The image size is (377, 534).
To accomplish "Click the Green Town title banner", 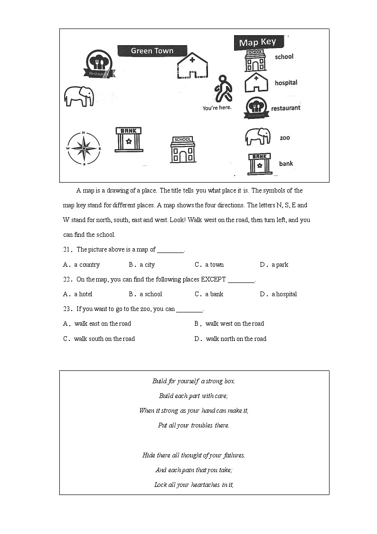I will point(152,51).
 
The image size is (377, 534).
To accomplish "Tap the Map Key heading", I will point(258,42).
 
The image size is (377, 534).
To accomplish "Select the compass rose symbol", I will point(84,148).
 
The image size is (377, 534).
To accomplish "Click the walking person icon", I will point(223,89).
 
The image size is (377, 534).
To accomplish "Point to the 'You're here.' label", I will point(217,108).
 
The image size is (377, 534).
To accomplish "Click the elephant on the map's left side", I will point(79,96).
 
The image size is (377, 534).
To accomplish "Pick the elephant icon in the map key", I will point(257,136).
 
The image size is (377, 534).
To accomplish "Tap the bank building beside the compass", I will point(129,139).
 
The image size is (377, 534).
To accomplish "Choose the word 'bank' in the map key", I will point(286,164).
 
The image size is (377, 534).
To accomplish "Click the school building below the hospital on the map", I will point(183,150).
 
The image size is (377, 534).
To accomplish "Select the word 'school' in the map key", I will point(284,57).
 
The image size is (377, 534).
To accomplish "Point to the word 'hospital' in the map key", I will point(286,83).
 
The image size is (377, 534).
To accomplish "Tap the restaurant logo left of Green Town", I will point(99,64).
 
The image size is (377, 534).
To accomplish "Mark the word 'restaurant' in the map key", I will point(285,108).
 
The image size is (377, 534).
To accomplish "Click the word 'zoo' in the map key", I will point(284,138).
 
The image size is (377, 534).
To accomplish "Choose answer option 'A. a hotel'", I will point(78,294).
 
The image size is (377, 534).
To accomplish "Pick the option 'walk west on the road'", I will point(229,323).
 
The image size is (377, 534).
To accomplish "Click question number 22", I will point(67,279).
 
